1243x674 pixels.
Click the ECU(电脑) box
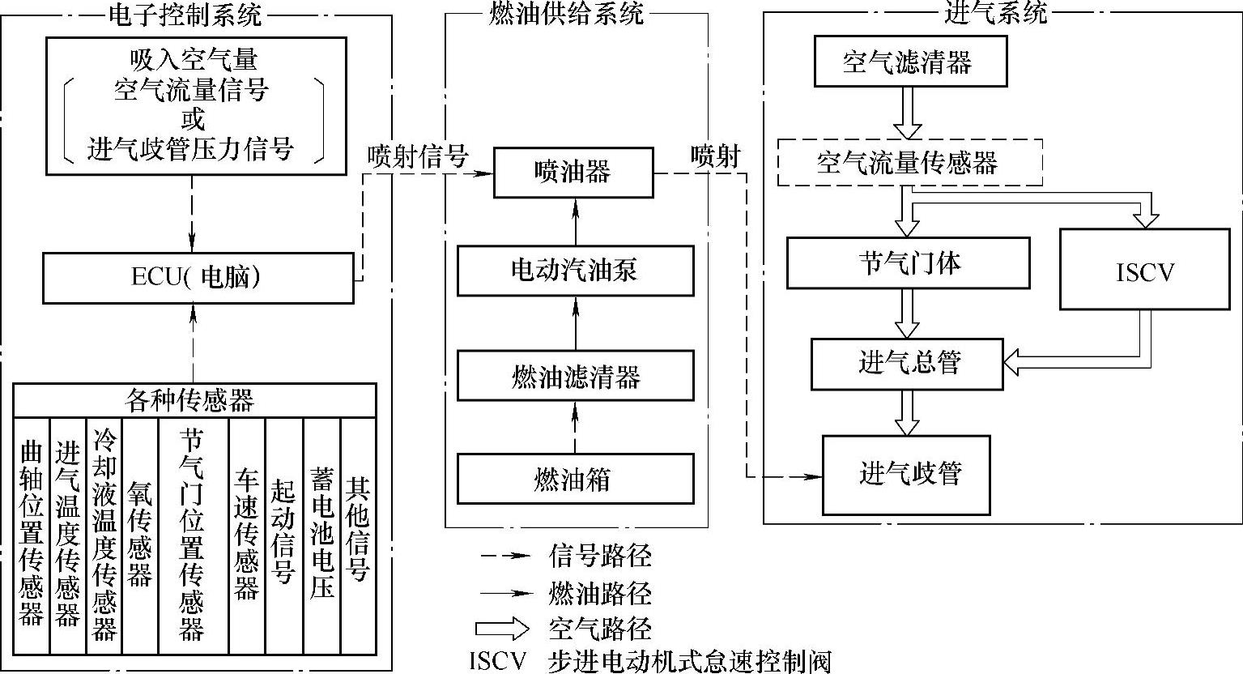pos(198,278)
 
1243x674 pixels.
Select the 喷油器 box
pos(573,172)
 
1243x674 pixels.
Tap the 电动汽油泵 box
pos(575,271)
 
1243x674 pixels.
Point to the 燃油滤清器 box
pos(575,375)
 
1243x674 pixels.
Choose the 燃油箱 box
pos(575,479)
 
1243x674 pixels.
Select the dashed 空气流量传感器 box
pos(909,163)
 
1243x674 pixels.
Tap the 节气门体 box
pos(908,262)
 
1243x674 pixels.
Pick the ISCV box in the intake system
pos(1144,269)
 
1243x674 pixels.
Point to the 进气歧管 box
pos(906,475)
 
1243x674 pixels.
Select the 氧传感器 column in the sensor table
pos(140,535)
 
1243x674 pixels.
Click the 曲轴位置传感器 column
pos(32,535)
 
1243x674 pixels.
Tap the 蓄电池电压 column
pos(321,535)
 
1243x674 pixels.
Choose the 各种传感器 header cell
pos(194,399)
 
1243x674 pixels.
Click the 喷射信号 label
pos(417,156)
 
